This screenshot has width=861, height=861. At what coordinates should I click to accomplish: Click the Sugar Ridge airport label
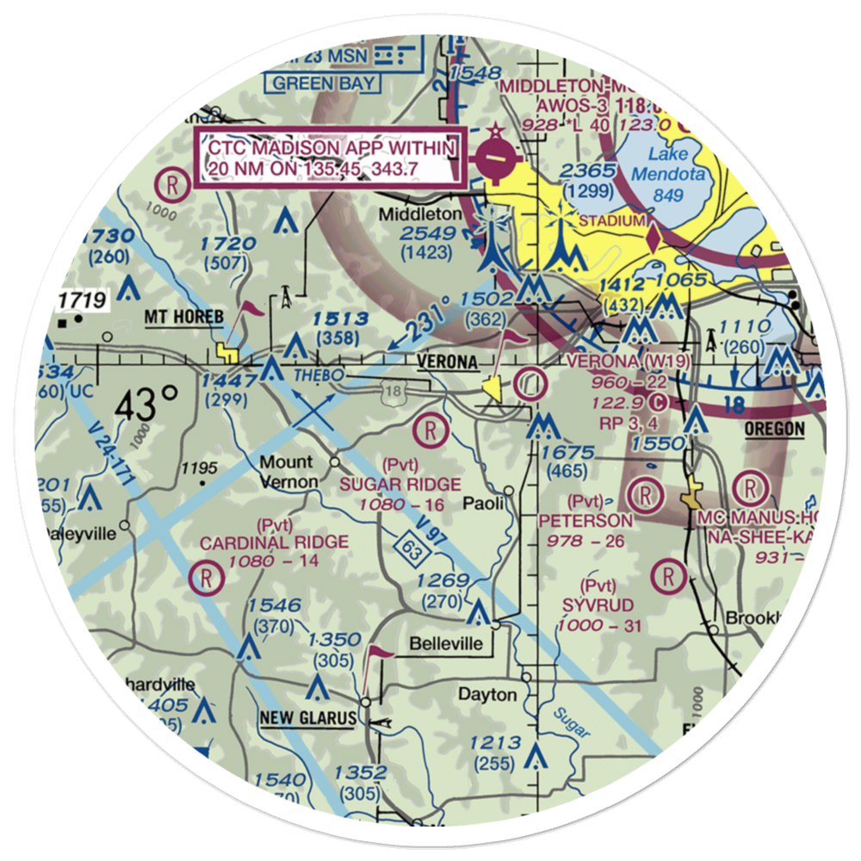[x=400, y=485]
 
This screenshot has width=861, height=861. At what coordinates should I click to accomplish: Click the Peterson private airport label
[x=585, y=520]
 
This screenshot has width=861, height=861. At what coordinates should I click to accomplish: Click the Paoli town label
[x=484, y=503]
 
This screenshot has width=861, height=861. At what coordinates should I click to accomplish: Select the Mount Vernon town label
[x=289, y=472]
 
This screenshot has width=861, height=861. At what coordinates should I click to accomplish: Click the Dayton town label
[x=487, y=694]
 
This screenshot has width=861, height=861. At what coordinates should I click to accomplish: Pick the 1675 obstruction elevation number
[x=564, y=453]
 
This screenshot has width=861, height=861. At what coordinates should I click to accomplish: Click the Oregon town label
[x=775, y=429]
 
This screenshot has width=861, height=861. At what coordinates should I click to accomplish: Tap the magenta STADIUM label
[x=610, y=220]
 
